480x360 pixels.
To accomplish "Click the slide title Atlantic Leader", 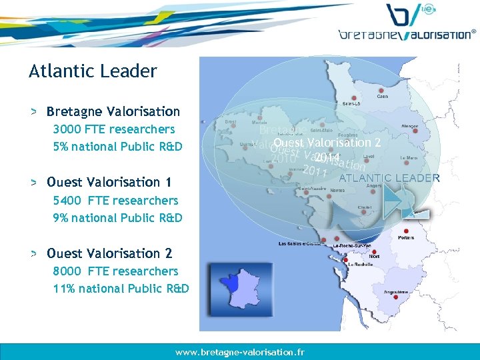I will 93,71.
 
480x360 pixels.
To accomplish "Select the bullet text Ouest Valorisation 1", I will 109,182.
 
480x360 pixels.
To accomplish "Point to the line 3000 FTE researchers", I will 114,129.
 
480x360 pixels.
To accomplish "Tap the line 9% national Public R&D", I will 117,217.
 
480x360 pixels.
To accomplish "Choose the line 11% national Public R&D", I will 121,289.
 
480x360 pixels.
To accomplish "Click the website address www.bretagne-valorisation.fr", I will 240,351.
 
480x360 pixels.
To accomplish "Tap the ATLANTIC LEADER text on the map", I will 389,178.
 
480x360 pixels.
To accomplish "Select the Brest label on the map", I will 231,123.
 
